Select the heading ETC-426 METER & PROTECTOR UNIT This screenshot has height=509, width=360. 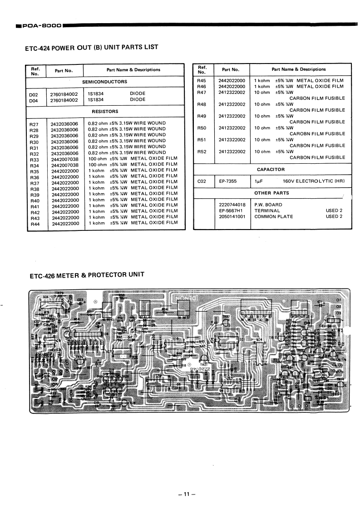tap(87, 275)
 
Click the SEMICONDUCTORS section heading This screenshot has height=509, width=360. tap(104, 82)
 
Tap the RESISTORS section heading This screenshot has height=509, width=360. tap(105, 111)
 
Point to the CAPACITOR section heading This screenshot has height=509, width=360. tap(271, 170)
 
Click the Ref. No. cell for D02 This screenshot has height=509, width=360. tap(33, 94)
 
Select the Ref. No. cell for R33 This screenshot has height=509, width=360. tap(34, 160)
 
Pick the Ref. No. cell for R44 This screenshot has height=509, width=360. tap(34, 225)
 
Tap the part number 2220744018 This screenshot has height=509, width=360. tap(232, 205)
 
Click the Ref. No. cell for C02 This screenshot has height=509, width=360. tap(202, 181)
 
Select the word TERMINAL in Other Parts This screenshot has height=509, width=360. tap(267, 210)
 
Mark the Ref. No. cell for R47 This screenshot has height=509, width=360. tap(202, 92)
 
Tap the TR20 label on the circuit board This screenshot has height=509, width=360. tap(226, 317)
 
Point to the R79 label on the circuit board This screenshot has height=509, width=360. tap(60, 293)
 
